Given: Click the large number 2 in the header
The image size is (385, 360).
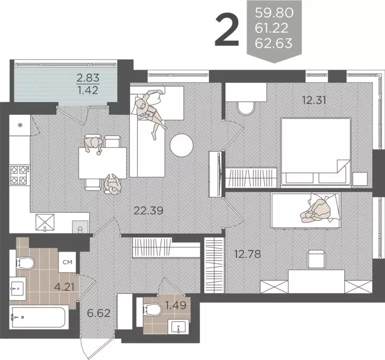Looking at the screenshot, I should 227,30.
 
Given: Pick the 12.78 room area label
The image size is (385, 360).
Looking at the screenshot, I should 247,255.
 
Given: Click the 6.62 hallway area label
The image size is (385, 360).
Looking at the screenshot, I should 98,313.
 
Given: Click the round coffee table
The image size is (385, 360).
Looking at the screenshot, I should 181,145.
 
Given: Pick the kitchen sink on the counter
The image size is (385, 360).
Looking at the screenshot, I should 45,222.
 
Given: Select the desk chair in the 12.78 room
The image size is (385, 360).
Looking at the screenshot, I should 315,259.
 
